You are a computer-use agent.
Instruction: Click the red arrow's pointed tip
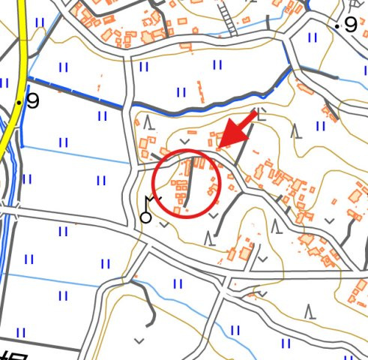coord(218,145)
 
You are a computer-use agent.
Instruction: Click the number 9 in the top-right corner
coord(352,25)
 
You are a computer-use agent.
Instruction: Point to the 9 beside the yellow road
coord(32,100)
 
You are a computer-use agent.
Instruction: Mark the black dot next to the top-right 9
coord(338,26)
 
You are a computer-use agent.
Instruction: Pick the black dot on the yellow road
coord(18,101)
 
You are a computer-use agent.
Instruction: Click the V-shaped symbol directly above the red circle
coord(184,141)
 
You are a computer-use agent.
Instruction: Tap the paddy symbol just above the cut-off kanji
coord(20,332)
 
